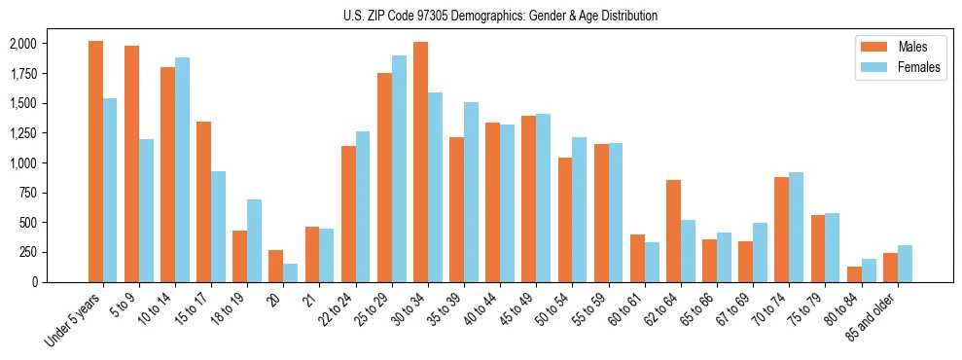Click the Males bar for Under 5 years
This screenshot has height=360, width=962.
click(x=95, y=162)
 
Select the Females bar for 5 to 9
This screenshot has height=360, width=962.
click(x=146, y=210)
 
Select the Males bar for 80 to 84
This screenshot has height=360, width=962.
click(x=854, y=274)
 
